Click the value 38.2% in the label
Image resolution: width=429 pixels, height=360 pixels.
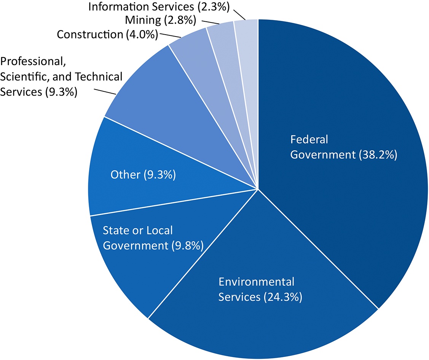(x=378, y=155)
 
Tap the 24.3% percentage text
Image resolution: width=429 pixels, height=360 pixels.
(x=283, y=297)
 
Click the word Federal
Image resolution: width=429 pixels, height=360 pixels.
(x=309, y=140)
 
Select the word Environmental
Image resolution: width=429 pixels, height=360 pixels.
(x=256, y=282)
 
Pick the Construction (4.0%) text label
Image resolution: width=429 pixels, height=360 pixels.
(x=107, y=35)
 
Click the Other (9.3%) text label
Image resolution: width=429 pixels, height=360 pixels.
(x=143, y=175)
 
